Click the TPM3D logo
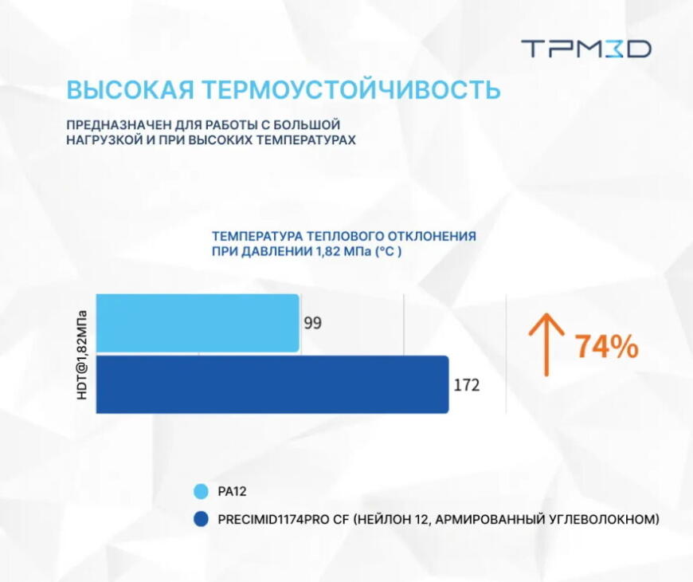point(586,49)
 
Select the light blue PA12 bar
point(198,323)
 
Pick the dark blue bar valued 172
point(272,384)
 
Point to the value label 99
point(312,324)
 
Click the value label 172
point(467,386)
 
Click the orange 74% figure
point(607,347)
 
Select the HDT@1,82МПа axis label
point(82,353)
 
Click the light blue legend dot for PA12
point(201,492)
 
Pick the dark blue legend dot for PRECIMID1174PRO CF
point(201,520)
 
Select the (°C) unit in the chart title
point(388,251)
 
